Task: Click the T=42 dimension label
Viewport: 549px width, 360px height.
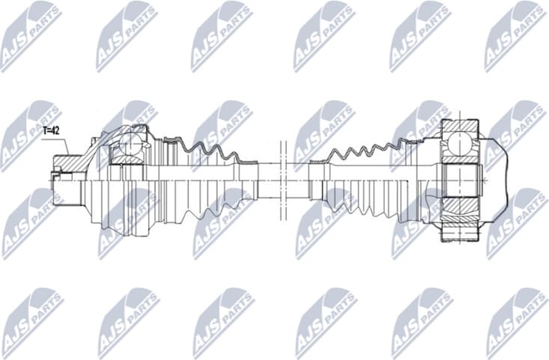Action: coord(52,130)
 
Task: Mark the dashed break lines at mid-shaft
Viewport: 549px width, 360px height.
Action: coord(282,180)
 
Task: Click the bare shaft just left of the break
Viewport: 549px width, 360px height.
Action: coord(266,180)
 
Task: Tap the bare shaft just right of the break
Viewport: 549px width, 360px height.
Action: coord(300,180)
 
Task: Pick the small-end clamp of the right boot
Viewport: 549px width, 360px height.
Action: coord(318,180)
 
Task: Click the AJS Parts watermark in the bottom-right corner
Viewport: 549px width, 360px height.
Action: coord(517,322)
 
